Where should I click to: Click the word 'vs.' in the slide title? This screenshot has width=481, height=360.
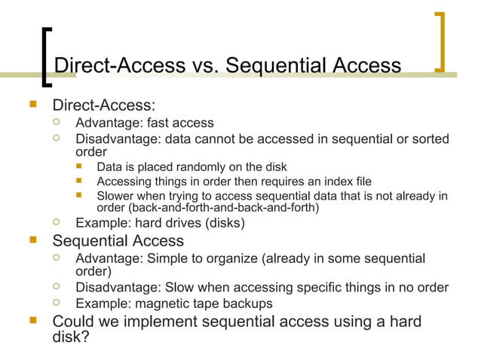[203, 66]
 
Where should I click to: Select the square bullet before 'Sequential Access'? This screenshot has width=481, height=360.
[32, 241]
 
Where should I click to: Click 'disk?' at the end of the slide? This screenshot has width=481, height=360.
[69, 337]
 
